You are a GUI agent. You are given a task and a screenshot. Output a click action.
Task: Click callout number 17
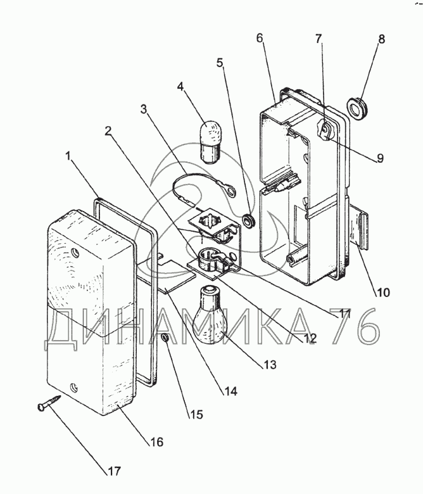115,471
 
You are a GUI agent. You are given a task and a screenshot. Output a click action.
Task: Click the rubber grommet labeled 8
361,110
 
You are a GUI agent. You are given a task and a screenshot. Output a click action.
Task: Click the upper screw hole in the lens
77,253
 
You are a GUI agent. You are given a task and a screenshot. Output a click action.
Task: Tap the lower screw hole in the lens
74,384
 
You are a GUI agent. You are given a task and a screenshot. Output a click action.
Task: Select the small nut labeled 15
164,339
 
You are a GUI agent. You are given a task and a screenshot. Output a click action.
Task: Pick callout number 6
260,39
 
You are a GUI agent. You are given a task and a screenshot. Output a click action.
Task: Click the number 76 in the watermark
355,327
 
